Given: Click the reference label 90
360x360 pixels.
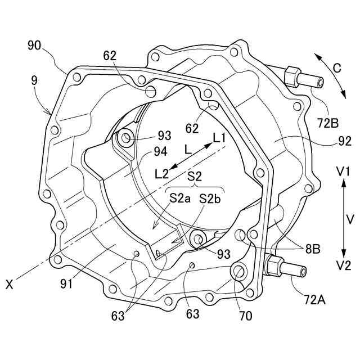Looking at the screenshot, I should pos(34,46).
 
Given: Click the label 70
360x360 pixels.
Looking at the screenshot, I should pos(246,316).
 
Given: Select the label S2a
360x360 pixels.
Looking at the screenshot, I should pos(180,198).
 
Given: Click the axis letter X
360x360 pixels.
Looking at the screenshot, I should pos(9,285).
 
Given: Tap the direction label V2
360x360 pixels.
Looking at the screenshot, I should pos(343,265).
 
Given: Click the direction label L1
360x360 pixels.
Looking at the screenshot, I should pos(219,137).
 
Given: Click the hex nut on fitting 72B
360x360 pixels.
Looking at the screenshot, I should pos(292,76).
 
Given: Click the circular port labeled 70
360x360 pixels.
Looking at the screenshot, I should pos(238,273).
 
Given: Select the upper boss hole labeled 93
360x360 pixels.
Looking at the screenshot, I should pos(125,136).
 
